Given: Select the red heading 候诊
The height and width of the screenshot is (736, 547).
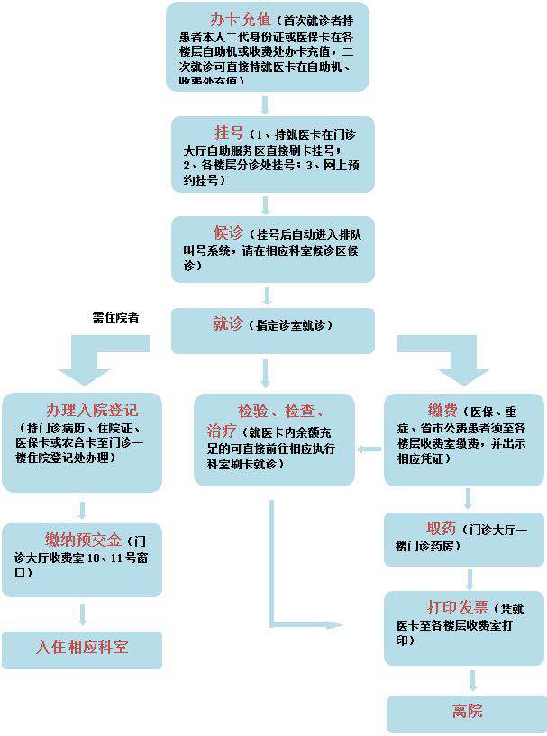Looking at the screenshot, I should tap(226, 232).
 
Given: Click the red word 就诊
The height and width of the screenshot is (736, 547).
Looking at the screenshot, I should tap(229, 324).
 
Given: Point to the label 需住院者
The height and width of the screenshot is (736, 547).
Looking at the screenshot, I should tap(115, 317).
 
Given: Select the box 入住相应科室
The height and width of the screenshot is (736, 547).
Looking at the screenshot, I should tap(82, 648).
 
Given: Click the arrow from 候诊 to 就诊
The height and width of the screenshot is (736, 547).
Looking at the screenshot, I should tap(266, 295).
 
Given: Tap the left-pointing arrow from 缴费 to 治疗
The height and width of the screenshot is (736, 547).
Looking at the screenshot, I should tap(369, 449).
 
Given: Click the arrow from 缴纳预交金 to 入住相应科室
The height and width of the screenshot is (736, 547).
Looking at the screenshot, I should tap(82, 614).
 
